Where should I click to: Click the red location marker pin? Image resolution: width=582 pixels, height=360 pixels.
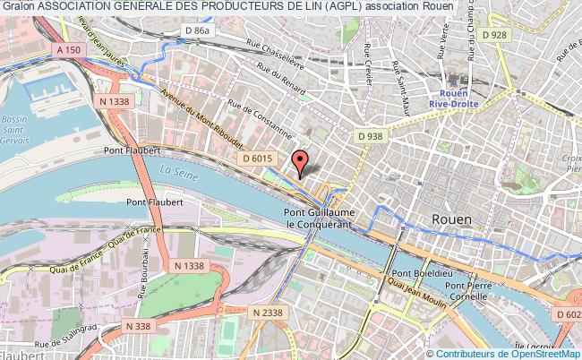point(301,161)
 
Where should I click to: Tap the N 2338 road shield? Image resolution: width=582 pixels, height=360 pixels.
point(267,312)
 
